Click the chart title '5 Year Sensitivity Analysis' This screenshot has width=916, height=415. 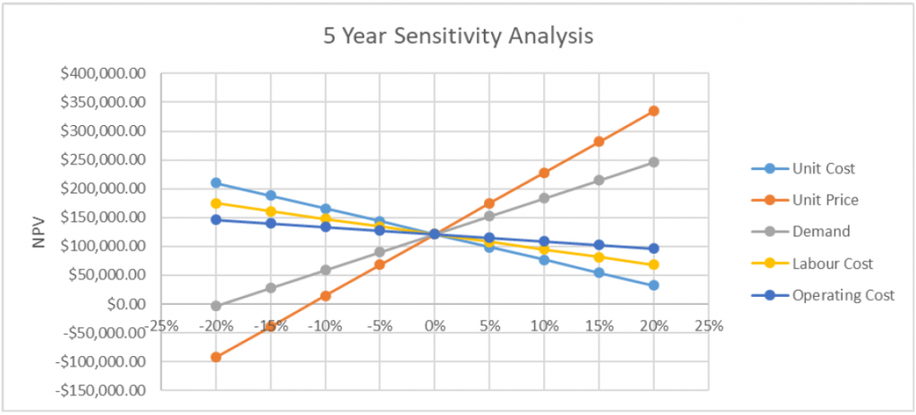coord(457,37)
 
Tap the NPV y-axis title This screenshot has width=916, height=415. coord(38,231)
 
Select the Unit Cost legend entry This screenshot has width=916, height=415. coord(824,168)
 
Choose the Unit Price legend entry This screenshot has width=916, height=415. coord(826,199)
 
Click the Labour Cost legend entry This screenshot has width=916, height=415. coord(833,263)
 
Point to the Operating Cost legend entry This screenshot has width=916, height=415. coord(843,295)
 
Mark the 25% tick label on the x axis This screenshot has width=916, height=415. coord(708,326)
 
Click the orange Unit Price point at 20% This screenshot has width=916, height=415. coord(654,111)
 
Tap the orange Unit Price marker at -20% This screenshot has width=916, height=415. coord(216,357)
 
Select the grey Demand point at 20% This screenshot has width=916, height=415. coord(654,162)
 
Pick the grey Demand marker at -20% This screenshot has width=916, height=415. coord(216,306)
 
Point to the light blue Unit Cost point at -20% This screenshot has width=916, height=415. coord(216,182)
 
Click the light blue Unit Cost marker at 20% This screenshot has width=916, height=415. coord(654,285)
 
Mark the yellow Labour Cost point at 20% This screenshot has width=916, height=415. coord(654,265)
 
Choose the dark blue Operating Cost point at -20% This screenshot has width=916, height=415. coord(216,219)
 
